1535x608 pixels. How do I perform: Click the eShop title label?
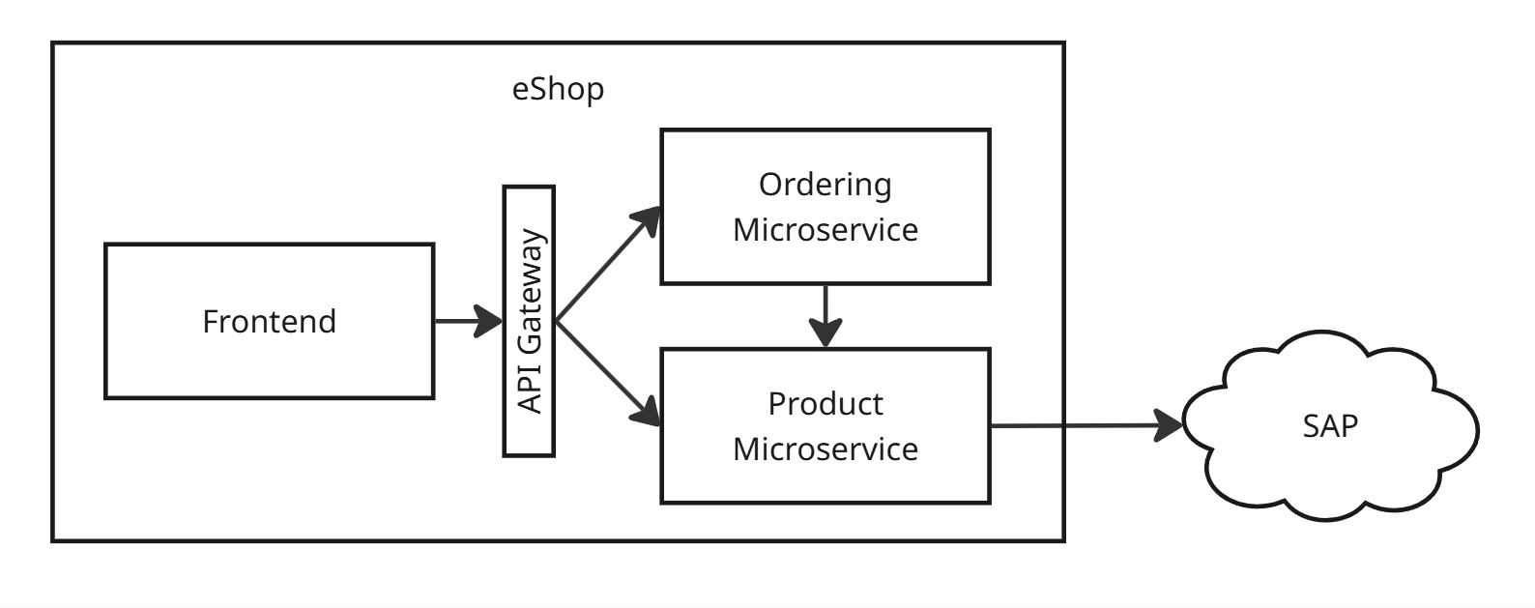tap(558, 89)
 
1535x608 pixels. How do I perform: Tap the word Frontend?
tap(269, 321)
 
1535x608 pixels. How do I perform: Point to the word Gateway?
tap(530, 290)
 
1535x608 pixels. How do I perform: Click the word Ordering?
tap(825, 184)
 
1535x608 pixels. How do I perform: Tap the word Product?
tap(825, 403)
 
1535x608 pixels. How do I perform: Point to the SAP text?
tap(1330, 425)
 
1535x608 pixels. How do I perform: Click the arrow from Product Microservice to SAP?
tap(1073, 425)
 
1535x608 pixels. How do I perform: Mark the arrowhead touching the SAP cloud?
tap(1170, 425)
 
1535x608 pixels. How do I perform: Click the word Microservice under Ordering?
tap(825, 230)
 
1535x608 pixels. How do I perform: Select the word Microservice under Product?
tap(825, 449)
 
